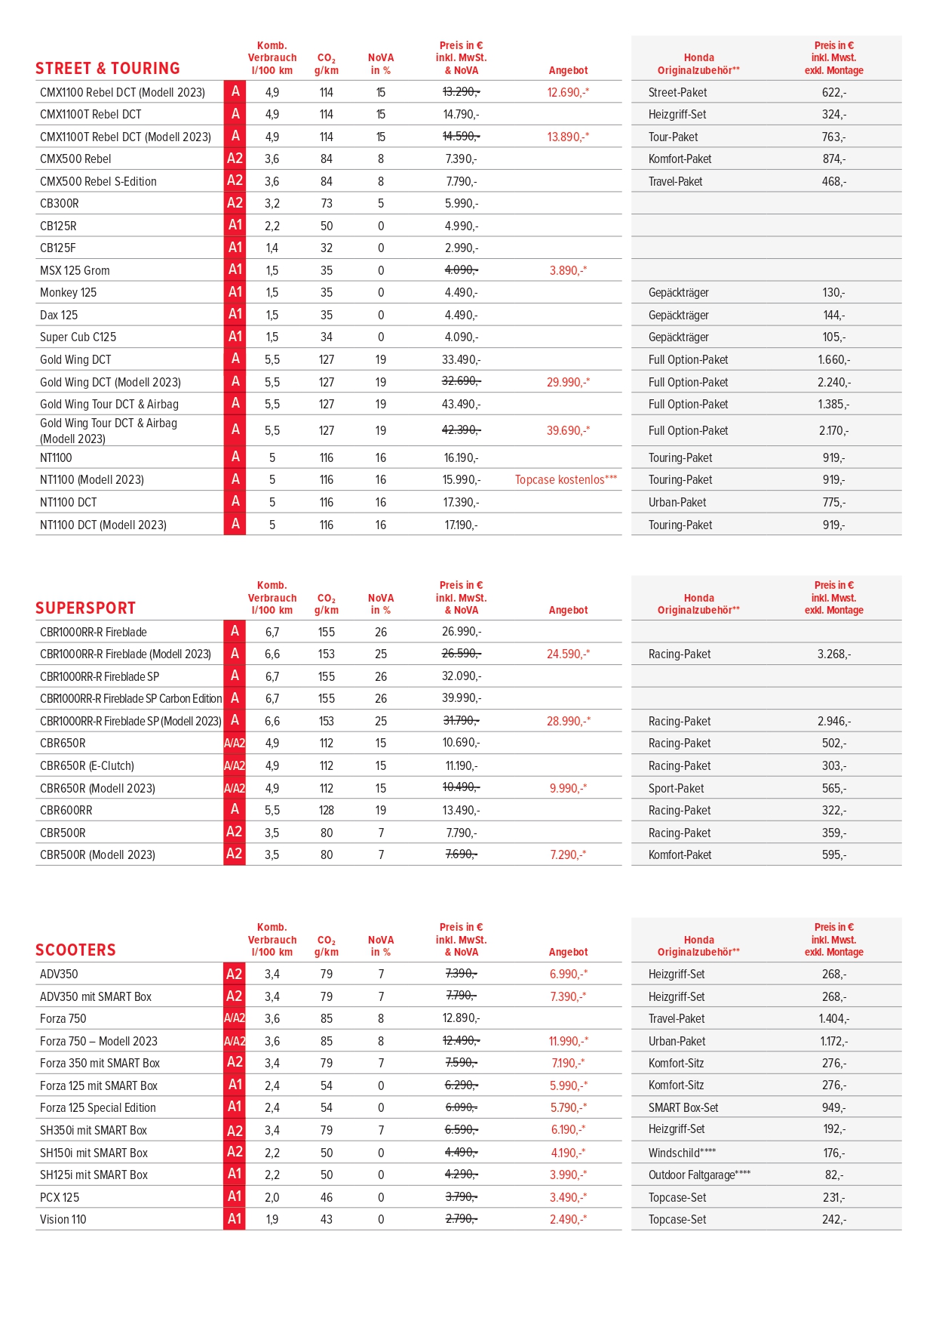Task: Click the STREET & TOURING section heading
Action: pos(107,69)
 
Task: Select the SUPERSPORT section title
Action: pos(85,608)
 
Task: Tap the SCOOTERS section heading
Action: pos(75,950)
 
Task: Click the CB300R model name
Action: pos(60,204)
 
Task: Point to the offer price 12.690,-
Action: pos(567,93)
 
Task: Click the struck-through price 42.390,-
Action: pos(461,430)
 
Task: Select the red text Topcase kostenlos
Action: pos(566,480)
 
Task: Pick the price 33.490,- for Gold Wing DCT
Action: pos(461,360)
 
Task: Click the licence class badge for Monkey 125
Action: pos(235,292)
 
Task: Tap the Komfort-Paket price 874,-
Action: pos(834,159)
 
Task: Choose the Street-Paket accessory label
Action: pos(677,93)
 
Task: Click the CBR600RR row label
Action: pos(66,811)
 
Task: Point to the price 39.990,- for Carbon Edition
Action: pos(461,698)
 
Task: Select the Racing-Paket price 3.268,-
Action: pos(834,654)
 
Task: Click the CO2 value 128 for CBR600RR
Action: pos(327,811)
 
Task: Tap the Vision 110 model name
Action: pos(63,1220)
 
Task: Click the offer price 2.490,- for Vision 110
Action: pos(567,1220)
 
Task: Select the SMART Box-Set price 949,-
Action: pos(834,1108)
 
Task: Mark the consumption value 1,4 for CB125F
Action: pos(272,248)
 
